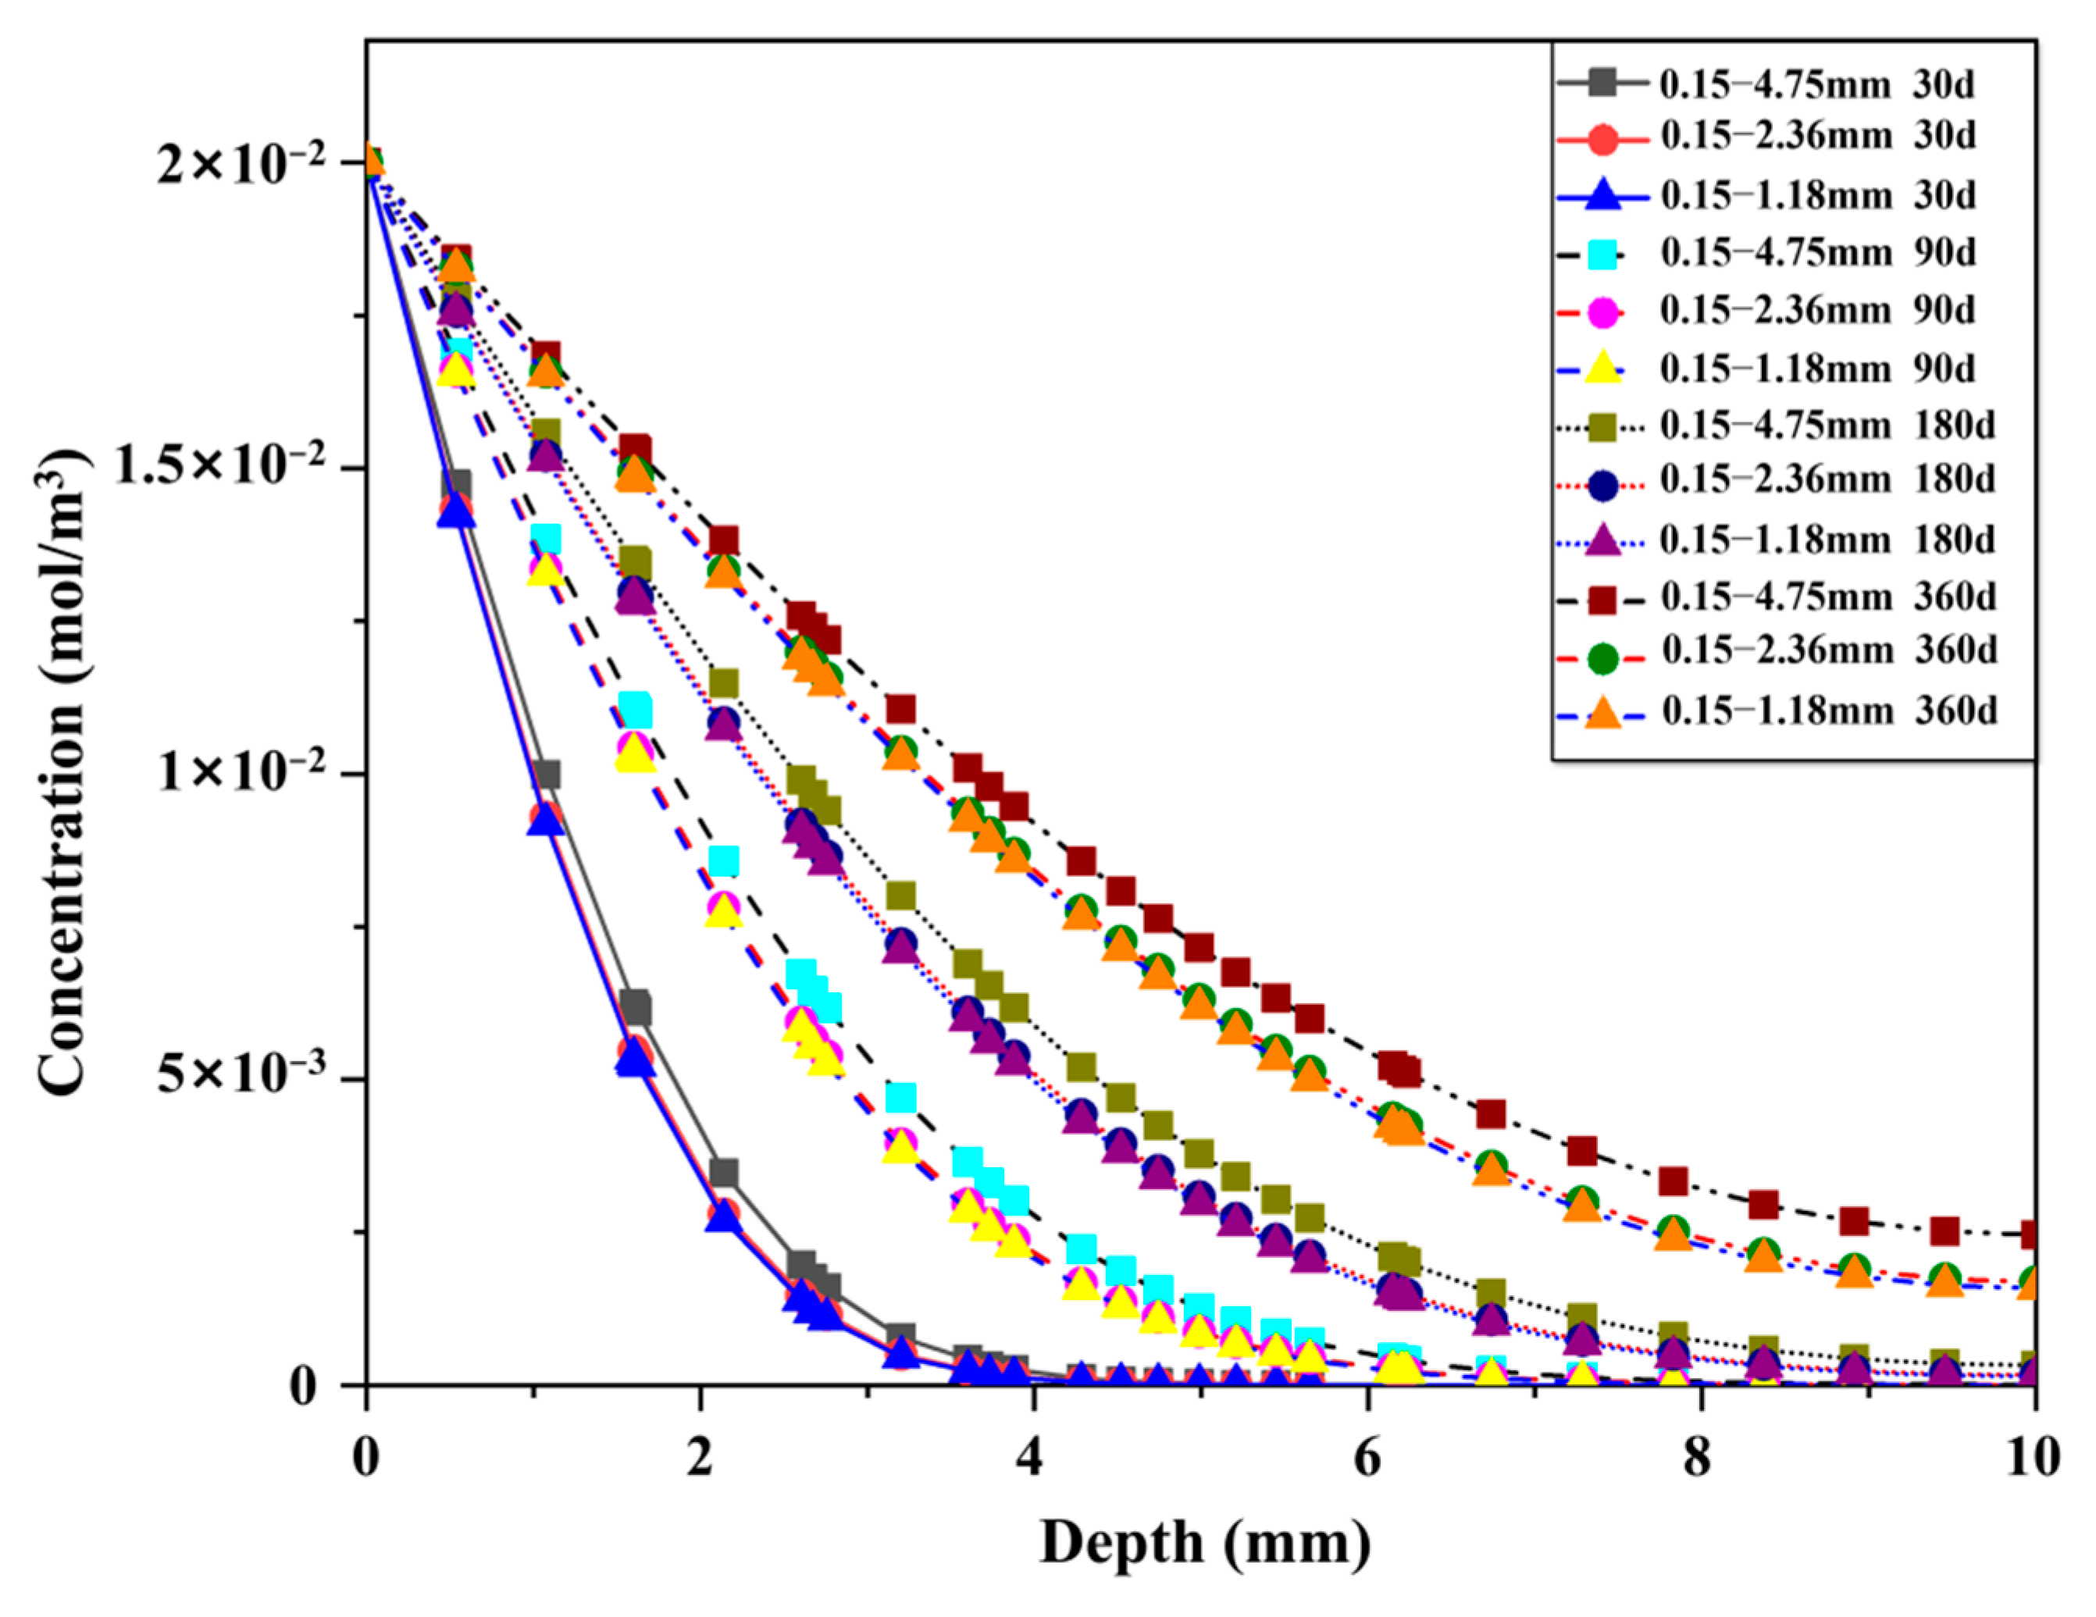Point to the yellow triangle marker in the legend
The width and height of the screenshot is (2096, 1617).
tap(1602, 369)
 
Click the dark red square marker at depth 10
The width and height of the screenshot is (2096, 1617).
tap(2033, 1234)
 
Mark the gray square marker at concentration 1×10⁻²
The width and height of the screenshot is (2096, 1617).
tap(546, 774)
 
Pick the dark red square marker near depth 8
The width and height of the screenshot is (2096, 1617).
tap(1673, 1181)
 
